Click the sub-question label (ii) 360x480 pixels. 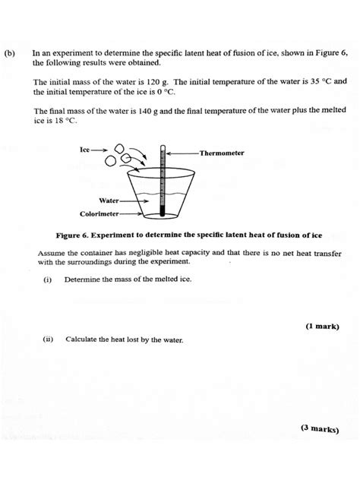[49, 339]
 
